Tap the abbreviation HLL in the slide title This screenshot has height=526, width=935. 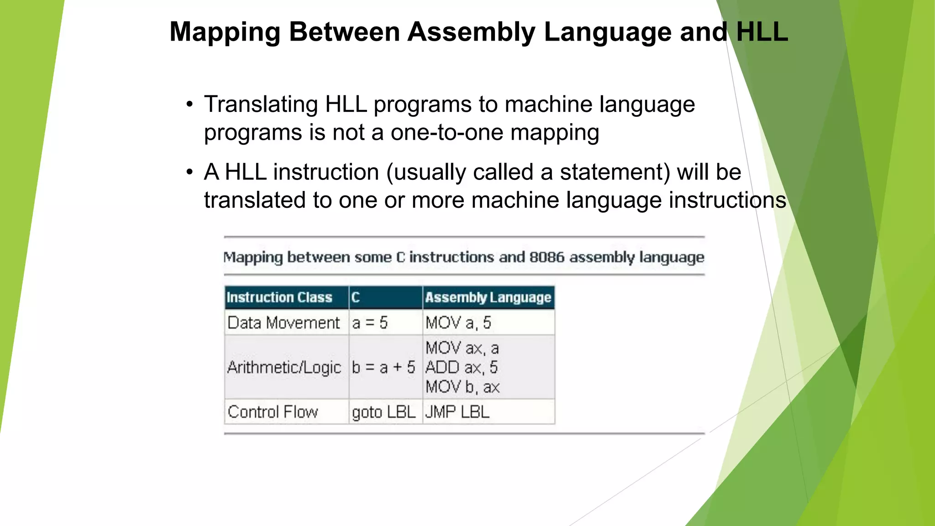762,32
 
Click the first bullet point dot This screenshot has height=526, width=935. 189,105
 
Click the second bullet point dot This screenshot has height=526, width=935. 189,173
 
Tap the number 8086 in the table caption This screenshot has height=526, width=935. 546,257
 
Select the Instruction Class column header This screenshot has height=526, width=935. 279,298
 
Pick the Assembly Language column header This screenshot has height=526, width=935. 488,298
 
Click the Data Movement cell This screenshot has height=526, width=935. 284,323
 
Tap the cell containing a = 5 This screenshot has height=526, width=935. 370,323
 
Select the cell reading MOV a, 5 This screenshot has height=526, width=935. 458,323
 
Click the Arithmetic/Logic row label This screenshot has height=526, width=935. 284,367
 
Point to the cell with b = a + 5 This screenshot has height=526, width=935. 383,367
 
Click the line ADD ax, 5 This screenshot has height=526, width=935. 461,367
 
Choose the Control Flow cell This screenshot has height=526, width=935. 273,412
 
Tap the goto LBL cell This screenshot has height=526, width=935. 383,412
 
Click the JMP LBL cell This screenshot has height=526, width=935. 457,412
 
